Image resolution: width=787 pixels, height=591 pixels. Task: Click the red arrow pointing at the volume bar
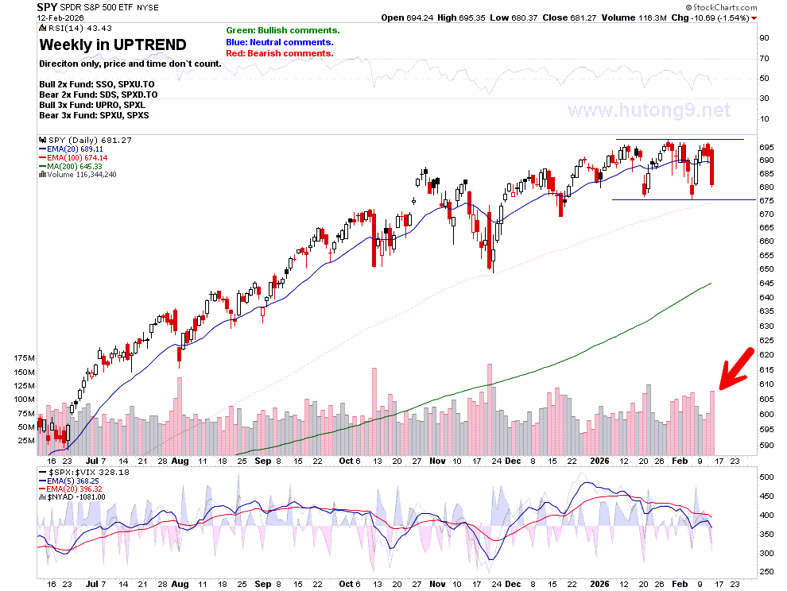click(737, 369)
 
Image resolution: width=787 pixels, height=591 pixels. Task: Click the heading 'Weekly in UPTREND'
click(113, 45)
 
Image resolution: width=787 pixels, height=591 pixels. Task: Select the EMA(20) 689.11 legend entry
click(72, 149)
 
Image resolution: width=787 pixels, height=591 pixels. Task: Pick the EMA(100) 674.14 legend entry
click(73, 157)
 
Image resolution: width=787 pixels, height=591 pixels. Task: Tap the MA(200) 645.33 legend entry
click(71, 166)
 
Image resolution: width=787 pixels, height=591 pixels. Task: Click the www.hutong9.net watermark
click(649, 110)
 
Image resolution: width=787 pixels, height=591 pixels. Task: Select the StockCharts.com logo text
click(721, 7)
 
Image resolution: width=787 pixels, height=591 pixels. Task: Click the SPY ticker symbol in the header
click(47, 7)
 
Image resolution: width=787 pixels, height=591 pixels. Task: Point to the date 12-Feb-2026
click(60, 17)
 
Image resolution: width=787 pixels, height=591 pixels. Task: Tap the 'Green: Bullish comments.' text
click(283, 31)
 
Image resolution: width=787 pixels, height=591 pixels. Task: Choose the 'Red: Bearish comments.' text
click(280, 54)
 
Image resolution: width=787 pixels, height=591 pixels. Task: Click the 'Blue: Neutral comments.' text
click(280, 42)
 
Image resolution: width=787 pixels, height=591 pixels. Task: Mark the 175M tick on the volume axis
click(25, 358)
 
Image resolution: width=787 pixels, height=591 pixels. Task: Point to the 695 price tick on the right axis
click(766, 148)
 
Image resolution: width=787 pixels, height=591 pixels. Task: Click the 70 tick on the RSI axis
click(764, 59)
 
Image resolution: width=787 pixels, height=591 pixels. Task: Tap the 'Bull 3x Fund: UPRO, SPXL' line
click(92, 106)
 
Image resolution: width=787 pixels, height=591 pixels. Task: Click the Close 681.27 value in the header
click(569, 17)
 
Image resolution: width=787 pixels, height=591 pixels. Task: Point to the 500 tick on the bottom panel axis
click(766, 477)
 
